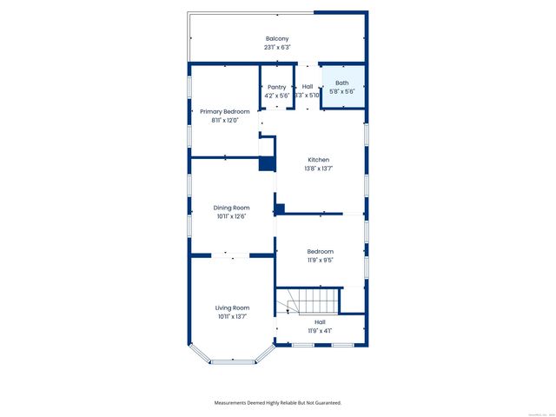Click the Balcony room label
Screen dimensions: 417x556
point(277,39)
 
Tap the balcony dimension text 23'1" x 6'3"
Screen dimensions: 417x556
point(277,48)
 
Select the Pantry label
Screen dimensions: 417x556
point(277,87)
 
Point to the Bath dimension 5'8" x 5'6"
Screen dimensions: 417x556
point(342,91)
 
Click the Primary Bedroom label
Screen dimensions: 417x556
point(224,112)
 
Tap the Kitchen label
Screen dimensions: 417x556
point(319,160)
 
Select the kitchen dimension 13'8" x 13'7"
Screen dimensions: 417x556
point(319,169)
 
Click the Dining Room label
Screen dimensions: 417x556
point(232,208)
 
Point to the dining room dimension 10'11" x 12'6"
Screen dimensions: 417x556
point(232,216)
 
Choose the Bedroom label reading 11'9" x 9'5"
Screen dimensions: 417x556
point(320,251)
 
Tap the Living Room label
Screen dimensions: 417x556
point(232,308)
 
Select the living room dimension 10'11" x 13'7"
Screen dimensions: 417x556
point(232,316)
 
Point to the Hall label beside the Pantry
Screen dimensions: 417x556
point(308,87)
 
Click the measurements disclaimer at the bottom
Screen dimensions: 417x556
point(278,403)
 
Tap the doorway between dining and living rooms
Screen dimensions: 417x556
point(232,255)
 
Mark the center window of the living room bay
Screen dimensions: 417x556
point(233,361)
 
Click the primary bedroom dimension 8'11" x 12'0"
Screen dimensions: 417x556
point(224,121)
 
